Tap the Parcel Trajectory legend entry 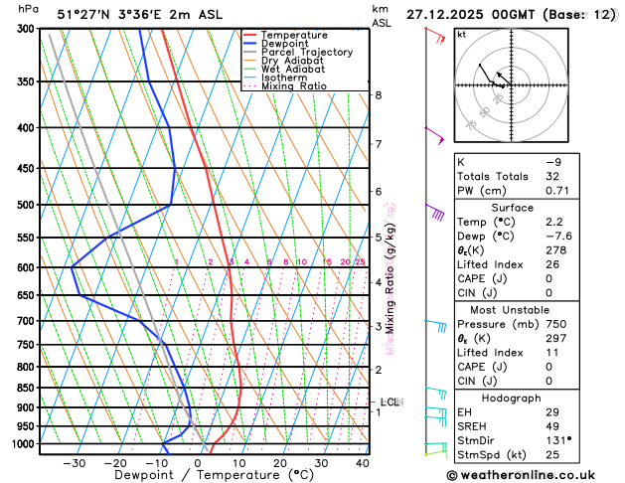click(x=306, y=53)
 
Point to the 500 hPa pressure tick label click(x=23, y=206)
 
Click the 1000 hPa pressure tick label click(x=20, y=444)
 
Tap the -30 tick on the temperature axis click(x=75, y=463)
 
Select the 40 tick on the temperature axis click(x=362, y=463)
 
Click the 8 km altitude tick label click(x=378, y=95)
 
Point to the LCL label click(x=390, y=402)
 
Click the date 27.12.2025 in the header click(x=445, y=13)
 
